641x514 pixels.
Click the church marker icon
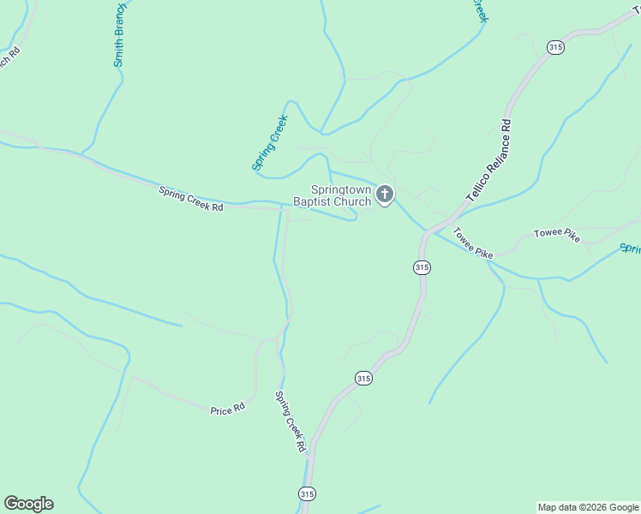click(385, 194)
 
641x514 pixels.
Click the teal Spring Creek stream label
click(270, 142)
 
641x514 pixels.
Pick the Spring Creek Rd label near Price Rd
click(290, 421)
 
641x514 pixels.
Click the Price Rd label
click(227, 410)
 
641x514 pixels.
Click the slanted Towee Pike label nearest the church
click(473, 242)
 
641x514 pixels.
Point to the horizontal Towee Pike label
click(556, 234)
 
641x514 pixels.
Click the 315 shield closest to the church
click(421, 267)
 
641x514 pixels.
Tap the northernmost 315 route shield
click(555, 47)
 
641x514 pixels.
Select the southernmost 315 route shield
click(308, 493)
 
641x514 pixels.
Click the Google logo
click(28, 504)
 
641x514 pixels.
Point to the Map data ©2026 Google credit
click(588, 507)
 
